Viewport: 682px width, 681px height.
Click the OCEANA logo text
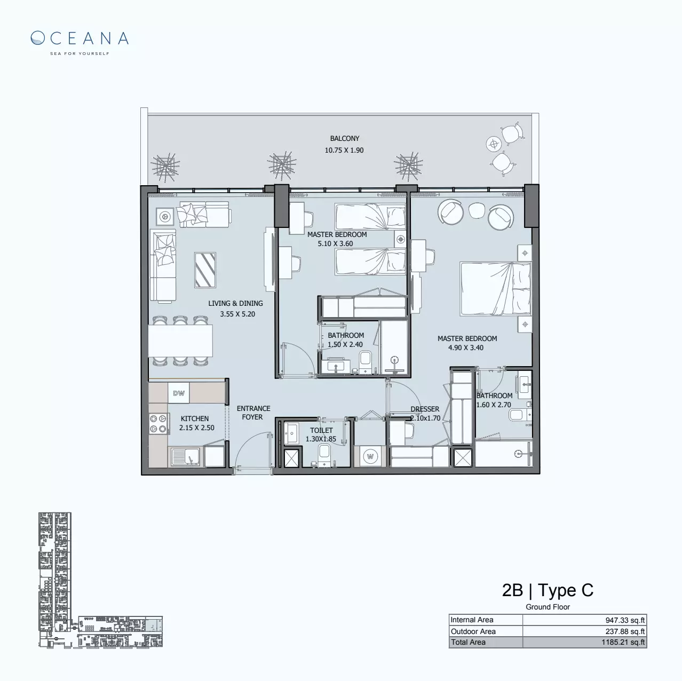click(x=80, y=38)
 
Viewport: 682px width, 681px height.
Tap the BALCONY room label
click(x=344, y=139)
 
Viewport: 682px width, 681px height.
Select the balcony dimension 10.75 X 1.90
click(x=344, y=151)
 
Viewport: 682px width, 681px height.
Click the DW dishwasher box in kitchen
click(x=179, y=394)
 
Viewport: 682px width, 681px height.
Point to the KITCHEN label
click(x=194, y=419)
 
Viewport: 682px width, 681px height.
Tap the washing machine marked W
click(x=369, y=456)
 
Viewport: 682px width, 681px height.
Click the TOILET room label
click(x=321, y=430)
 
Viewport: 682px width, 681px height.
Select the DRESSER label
click(x=425, y=409)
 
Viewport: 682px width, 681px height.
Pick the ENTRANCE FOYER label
click(x=253, y=413)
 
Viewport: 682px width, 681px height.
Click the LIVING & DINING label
click(x=235, y=304)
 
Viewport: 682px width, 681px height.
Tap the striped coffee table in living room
click(x=205, y=270)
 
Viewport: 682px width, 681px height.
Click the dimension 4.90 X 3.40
click(x=466, y=348)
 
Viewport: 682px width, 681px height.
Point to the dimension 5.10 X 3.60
click(x=335, y=244)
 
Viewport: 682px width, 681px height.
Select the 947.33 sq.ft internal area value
click(x=625, y=620)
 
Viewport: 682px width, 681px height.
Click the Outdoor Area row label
click(x=473, y=631)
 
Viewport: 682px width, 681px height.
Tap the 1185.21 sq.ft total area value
click(x=623, y=643)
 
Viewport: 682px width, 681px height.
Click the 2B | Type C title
click(x=548, y=591)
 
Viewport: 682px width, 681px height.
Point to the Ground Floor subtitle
click(x=548, y=607)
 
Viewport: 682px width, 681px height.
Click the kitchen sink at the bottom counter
click(x=185, y=457)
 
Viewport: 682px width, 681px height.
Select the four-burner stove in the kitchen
click(x=158, y=424)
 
